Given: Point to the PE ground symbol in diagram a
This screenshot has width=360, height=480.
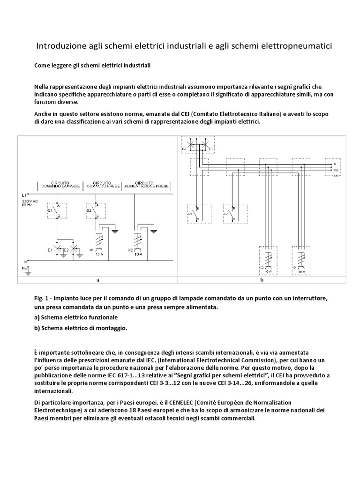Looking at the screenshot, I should (29, 270).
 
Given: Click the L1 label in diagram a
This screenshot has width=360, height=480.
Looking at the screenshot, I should (24, 194).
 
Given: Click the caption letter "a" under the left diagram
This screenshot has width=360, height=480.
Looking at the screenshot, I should (97, 280).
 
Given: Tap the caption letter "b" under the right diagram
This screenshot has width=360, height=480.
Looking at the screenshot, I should (262, 280).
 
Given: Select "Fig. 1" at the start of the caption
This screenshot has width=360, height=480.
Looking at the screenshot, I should (41, 299).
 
